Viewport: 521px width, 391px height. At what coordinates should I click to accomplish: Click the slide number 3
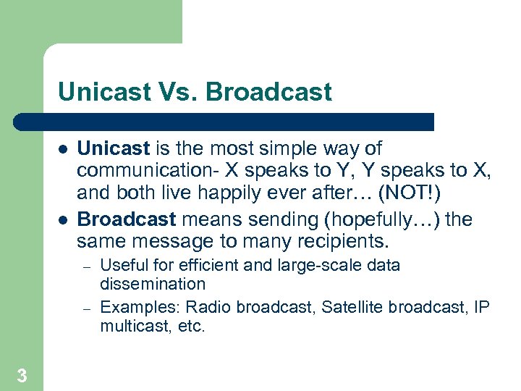[x=22, y=375]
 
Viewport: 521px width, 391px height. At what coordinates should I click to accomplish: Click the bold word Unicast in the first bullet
[x=113, y=148]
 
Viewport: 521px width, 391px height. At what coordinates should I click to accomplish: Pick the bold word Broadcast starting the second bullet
[x=127, y=219]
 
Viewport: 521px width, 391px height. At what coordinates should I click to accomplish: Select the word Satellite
[x=353, y=307]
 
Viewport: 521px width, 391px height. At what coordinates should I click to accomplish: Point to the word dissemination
[x=153, y=284]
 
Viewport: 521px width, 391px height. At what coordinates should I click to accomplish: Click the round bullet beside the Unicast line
[x=63, y=149]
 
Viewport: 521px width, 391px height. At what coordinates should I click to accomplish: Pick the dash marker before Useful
[x=85, y=266]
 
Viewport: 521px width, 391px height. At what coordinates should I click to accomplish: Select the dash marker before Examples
[x=85, y=308]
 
